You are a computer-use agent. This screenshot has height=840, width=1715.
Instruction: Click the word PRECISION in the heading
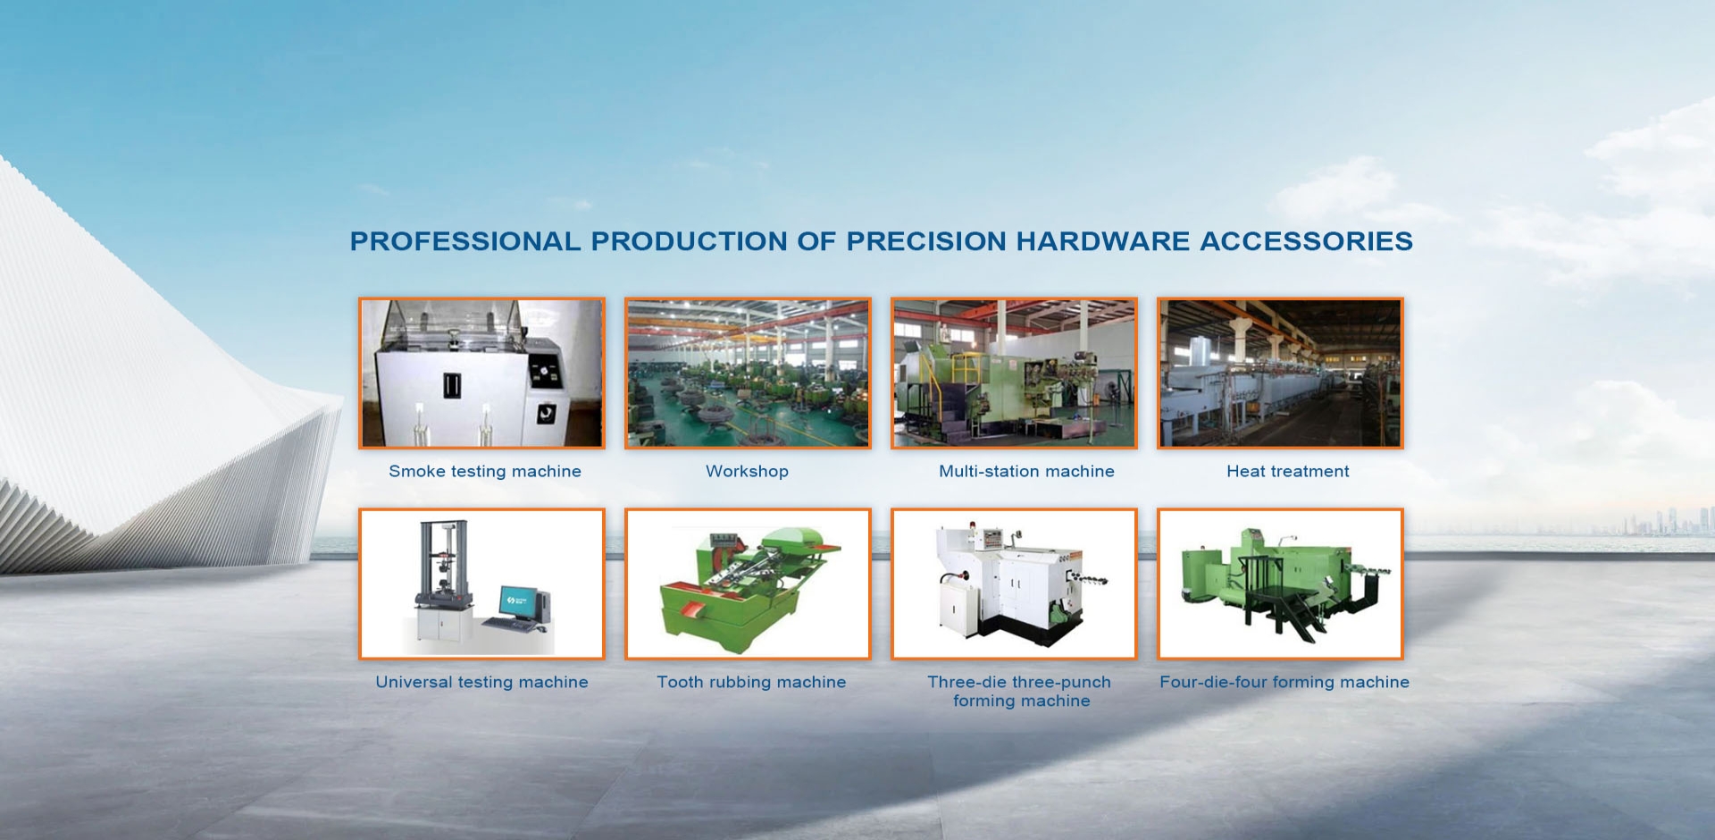pyautogui.click(x=926, y=241)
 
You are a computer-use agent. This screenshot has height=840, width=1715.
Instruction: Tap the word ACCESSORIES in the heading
pyautogui.click(x=1306, y=241)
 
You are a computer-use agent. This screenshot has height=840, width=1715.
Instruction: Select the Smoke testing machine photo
pyautogui.click(x=481, y=374)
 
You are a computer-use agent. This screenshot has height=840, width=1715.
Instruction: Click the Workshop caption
pyautogui.click(x=747, y=471)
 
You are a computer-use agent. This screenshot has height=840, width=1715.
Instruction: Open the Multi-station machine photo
pyautogui.click(x=1014, y=374)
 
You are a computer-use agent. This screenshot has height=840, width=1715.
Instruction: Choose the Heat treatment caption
pyautogui.click(x=1288, y=471)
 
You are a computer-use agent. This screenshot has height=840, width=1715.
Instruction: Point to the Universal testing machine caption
pyautogui.click(x=481, y=682)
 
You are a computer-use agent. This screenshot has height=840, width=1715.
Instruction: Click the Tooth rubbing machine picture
pyautogui.click(x=748, y=584)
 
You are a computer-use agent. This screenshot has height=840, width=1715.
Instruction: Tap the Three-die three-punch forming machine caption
pyautogui.click(x=1019, y=692)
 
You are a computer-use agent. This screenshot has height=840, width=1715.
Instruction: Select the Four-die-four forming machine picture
pyautogui.click(x=1280, y=584)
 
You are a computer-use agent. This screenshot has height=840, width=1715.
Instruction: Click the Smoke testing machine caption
pyautogui.click(x=485, y=471)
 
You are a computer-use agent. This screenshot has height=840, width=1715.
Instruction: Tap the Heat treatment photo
pyautogui.click(x=1280, y=374)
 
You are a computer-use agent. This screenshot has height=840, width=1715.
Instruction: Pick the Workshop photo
pyautogui.click(x=748, y=374)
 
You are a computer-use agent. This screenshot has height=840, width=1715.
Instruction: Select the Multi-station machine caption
pyautogui.click(x=1026, y=471)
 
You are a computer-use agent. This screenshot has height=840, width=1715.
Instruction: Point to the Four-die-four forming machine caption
pyautogui.click(x=1284, y=682)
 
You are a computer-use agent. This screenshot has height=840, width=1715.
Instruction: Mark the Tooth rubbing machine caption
pyautogui.click(x=751, y=682)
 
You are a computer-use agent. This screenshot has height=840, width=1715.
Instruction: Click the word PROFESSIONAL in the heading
pyautogui.click(x=465, y=241)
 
